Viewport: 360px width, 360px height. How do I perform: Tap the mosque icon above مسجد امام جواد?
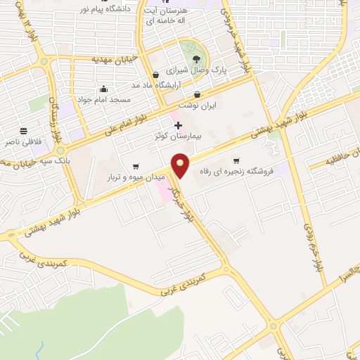click(x=104, y=89)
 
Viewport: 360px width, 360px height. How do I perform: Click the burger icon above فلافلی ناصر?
click(x=23, y=131)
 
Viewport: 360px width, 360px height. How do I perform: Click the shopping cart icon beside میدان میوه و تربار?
click(x=135, y=167)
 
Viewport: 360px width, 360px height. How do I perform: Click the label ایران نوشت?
click(x=196, y=105)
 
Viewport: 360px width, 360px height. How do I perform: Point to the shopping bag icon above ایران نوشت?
click(x=197, y=94)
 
